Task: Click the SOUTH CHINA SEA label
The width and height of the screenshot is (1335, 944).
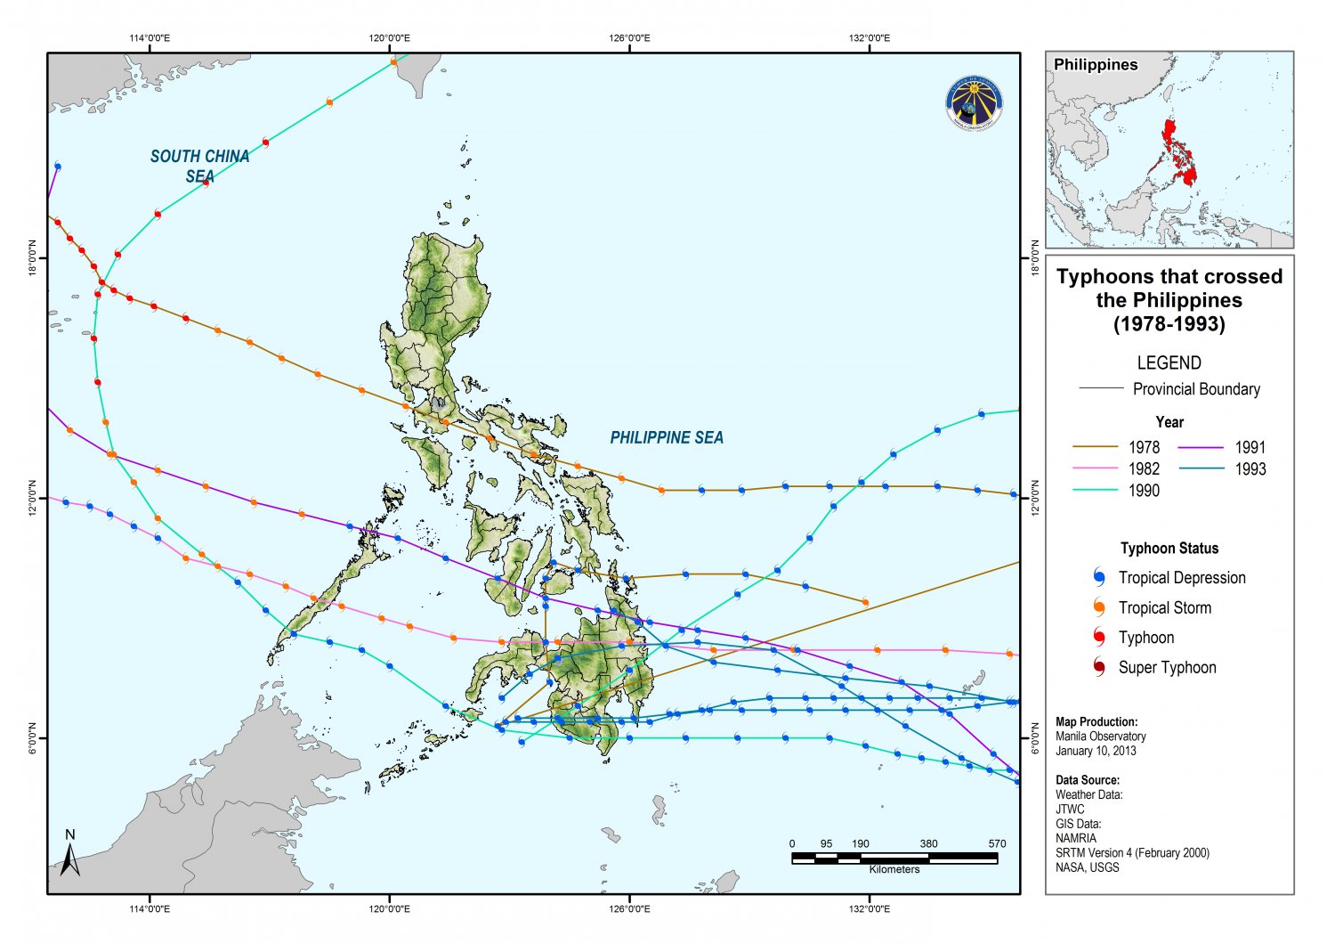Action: (x=199, y=166)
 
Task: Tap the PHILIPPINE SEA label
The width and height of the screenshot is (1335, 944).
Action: (x=667, y=437)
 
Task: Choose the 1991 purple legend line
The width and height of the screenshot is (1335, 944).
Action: (x=1201, y=447)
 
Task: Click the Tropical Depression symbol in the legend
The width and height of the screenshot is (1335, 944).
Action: (x=1099, y=577)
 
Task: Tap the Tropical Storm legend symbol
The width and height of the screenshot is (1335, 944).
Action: (x=1099, y=607)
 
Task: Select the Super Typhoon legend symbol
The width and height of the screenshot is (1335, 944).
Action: (x=1099, y=667)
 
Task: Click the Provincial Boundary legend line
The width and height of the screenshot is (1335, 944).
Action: (x=1101, y=388)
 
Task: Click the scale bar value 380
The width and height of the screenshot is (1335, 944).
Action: (x=928, y=843)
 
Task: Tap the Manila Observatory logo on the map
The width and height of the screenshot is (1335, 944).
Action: (x=975, y=103)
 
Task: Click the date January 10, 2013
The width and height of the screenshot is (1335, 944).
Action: (x=1096, y=751)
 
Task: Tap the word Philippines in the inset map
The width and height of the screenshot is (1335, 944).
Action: (x=1096, y=64)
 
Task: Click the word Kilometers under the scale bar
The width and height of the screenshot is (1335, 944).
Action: (x=894, y=869)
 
